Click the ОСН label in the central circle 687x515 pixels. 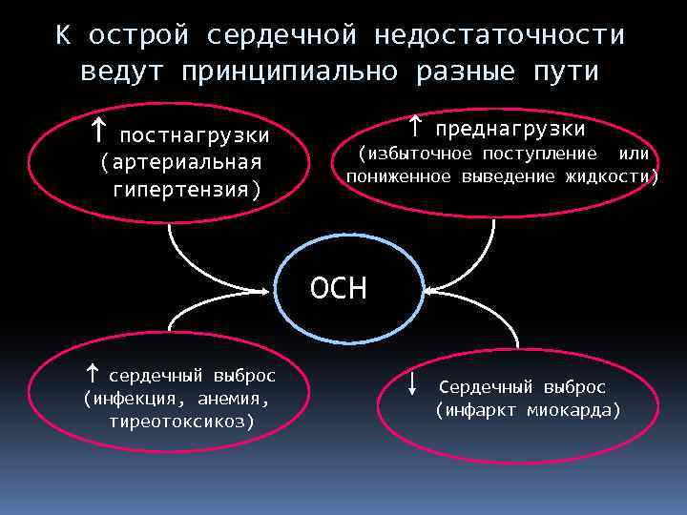[x=338, y=288]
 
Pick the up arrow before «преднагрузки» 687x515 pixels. [x=415, y=125]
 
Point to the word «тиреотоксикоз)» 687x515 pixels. [x=181, y=421]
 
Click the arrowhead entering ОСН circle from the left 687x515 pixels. [x=269, y=289]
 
